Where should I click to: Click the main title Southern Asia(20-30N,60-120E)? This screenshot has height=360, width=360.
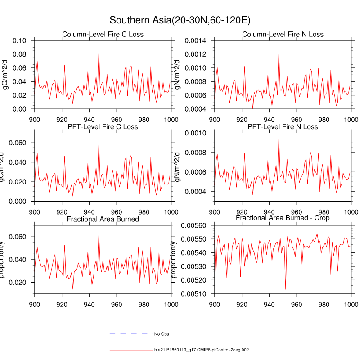180,21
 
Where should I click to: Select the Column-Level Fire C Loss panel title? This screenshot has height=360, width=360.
103,35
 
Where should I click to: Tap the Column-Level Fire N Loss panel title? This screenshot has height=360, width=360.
283,35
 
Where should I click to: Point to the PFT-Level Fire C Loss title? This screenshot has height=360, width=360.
103,127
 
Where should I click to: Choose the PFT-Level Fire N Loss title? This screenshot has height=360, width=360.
283,127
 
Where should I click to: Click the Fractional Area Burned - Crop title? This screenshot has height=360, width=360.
283,218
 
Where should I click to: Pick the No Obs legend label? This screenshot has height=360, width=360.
162,334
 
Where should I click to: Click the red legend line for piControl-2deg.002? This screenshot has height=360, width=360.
130,350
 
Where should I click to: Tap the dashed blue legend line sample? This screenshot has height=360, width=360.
129,334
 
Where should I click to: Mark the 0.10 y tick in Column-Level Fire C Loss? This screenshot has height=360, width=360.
19,40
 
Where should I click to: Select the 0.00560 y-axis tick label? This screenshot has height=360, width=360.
194,225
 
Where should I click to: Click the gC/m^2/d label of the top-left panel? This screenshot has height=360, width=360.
6,75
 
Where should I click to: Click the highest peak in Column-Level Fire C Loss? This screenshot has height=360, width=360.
99,50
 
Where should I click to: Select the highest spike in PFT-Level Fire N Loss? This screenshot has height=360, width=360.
279,136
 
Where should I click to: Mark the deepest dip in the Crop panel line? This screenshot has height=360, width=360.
285,289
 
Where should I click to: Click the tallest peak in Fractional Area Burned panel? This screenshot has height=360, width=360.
99,233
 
